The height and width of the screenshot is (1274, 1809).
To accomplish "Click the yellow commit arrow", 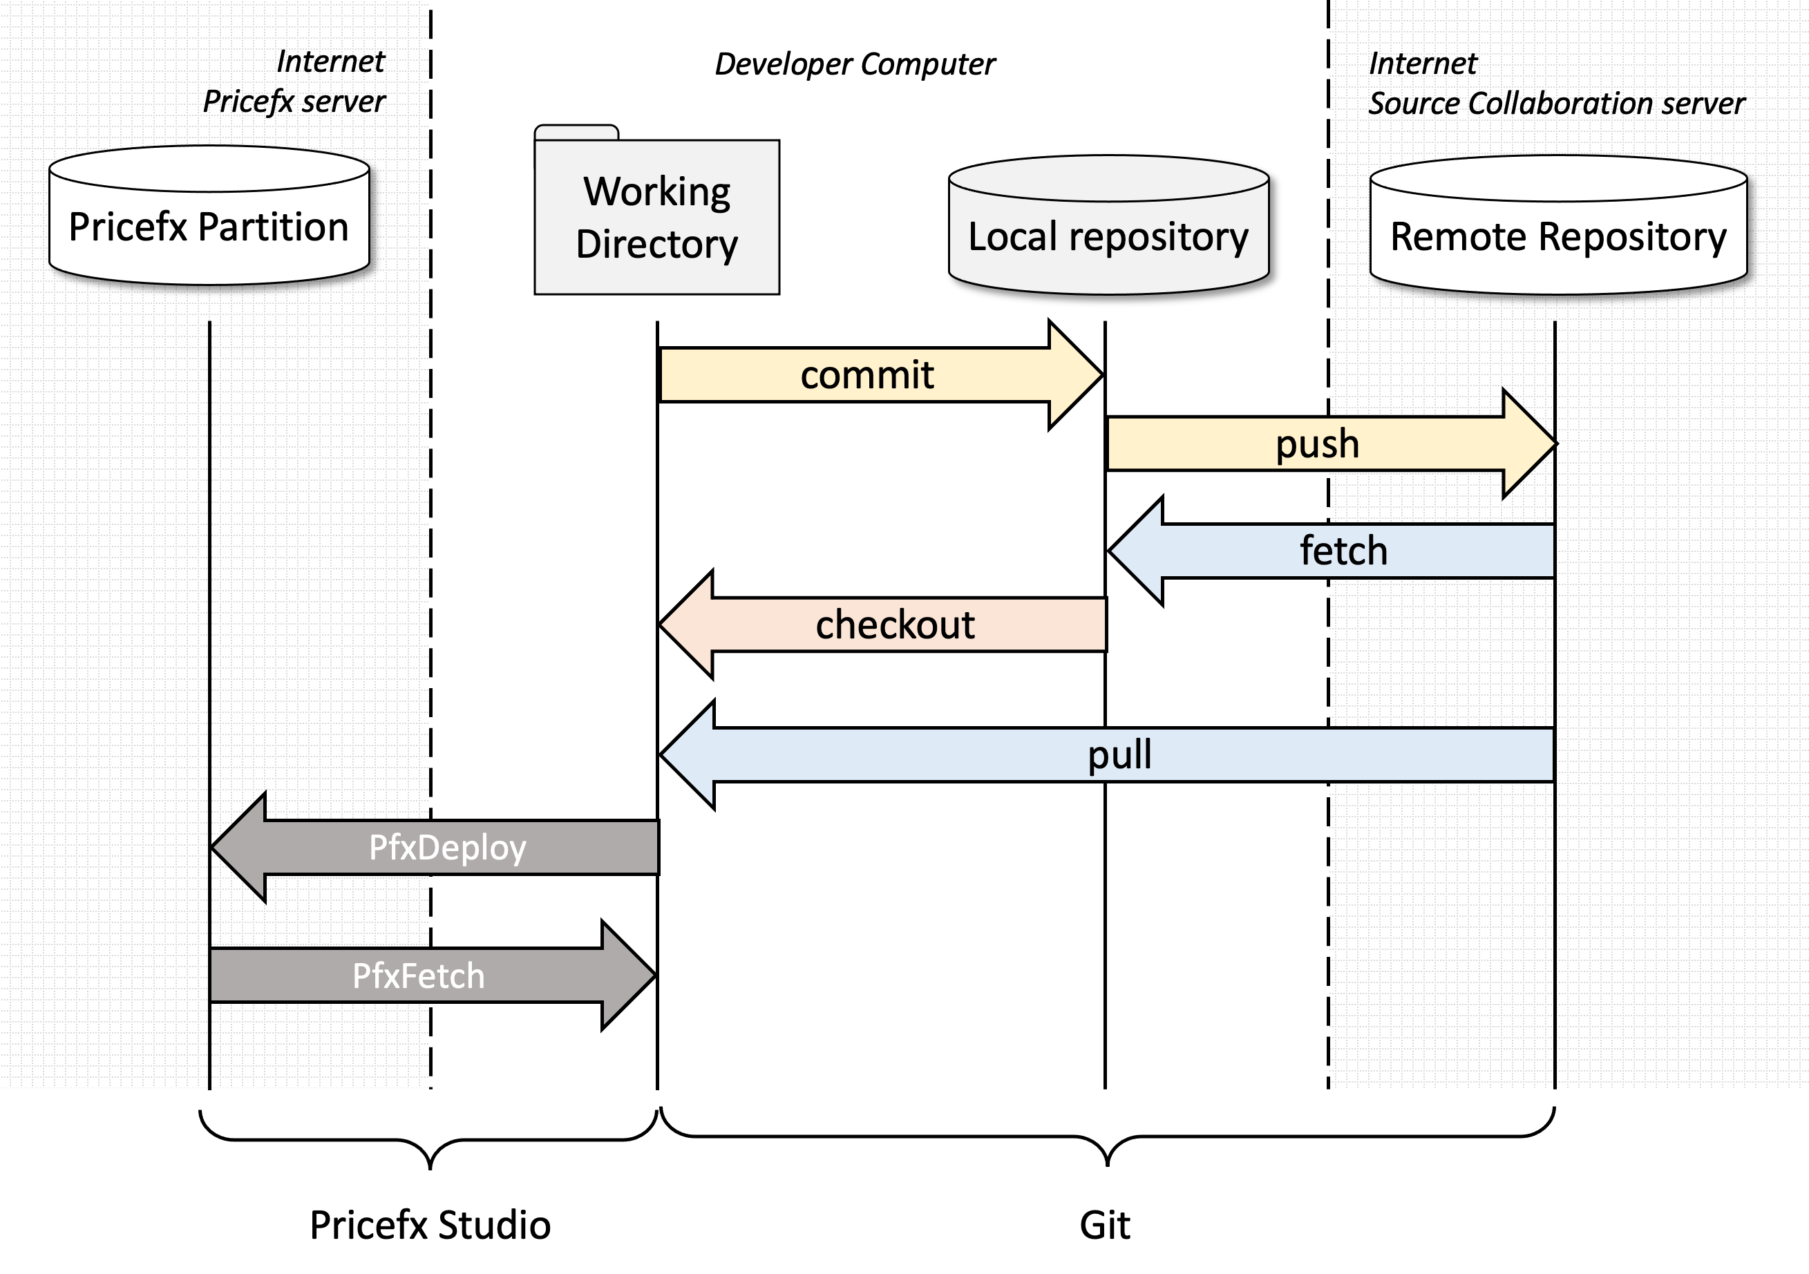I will tap(866, 375).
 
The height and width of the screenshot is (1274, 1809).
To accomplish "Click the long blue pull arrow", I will tap(1119, 754).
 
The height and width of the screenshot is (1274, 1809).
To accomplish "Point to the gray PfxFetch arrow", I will tap(418, 976).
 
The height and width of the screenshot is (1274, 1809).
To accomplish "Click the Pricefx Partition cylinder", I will tap(209, 227).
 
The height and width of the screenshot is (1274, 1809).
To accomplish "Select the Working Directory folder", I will tap(656, 218).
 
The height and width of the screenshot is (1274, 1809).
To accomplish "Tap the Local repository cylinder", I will tap(1108, 236).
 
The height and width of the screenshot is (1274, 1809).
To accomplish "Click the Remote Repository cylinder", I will tap(1557, 236).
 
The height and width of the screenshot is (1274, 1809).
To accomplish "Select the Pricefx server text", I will tap(294, 102).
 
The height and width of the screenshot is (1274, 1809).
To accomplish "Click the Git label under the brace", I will tap(1105, 1225).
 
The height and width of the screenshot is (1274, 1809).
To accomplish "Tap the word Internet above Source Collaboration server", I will tap(1422, 64).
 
